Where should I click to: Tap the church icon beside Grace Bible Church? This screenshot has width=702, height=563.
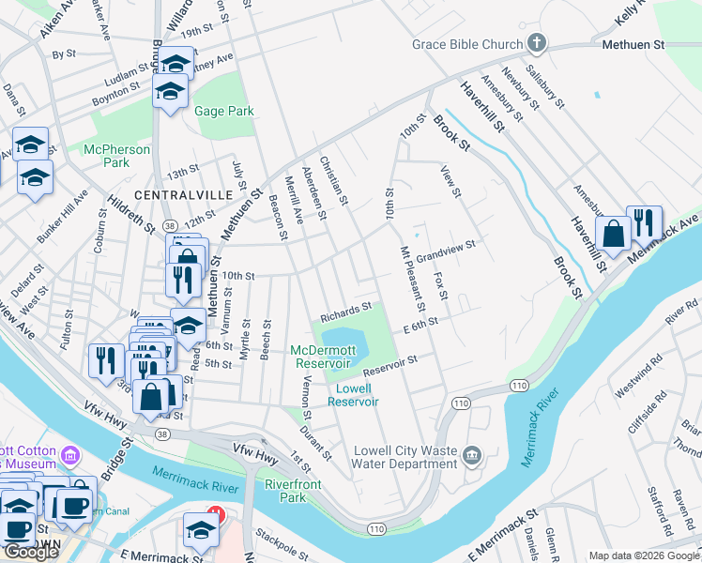click(536, 43)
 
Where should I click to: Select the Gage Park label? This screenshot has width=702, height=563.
click(224, 111)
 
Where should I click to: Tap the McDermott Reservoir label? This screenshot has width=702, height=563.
click(325, 356)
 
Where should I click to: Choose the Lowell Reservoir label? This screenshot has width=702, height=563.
click(353, 394)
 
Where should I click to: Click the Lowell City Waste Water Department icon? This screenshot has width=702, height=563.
click(472, 456)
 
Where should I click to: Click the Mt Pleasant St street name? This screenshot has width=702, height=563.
click(413, 279)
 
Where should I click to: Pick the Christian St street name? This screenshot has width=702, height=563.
click(334, 181)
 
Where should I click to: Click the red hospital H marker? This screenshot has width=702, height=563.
click(217, 513)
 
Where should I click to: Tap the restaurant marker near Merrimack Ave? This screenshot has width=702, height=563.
click(644, 223)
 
